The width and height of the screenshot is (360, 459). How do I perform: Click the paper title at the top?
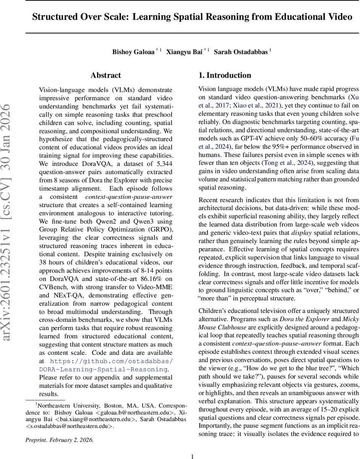[192, 17]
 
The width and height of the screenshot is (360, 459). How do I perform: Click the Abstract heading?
[105, 75]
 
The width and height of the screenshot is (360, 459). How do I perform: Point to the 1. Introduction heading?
[224, 75]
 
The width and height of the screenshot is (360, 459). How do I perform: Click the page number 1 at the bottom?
[192, 453]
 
